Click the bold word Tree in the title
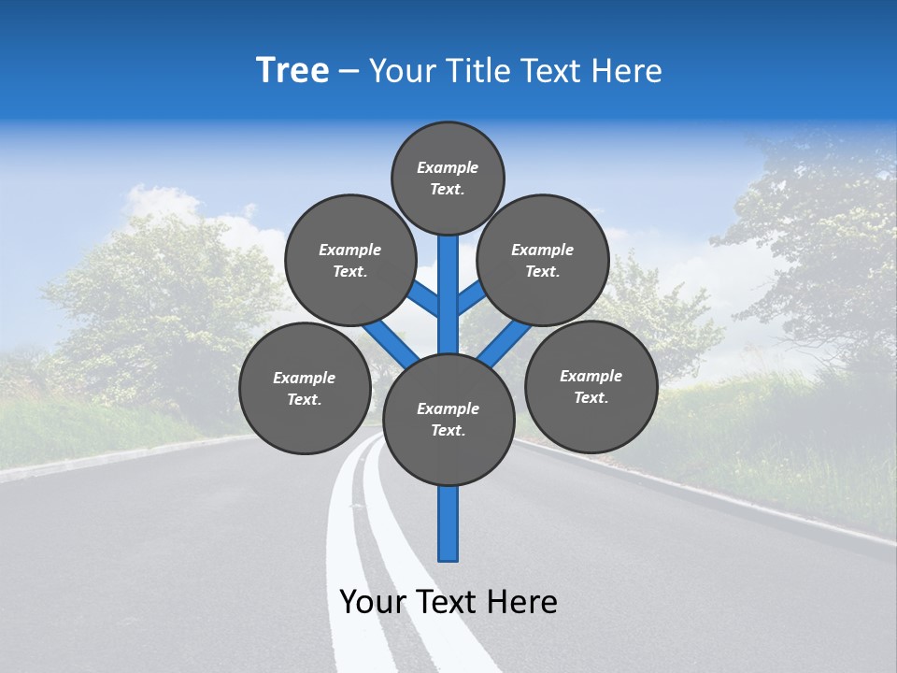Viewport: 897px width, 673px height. point(292,70)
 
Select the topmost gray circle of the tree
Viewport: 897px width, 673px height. point(448,178)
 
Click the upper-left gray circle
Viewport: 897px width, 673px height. point(350,260)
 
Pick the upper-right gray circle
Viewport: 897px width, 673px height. point(543,260)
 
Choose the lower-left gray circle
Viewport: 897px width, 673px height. point(305,388)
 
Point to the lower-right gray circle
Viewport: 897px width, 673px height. point(591,386)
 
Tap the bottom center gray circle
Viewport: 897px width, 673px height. point(448,420)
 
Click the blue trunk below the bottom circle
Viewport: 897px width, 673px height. point(448,523)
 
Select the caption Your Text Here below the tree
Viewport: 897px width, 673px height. point(448,602)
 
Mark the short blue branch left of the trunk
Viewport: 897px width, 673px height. point(425,299)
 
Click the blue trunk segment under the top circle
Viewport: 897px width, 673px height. point(448,280)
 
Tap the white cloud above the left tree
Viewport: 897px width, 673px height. point(159,201)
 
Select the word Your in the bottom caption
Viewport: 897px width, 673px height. point(373,602)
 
